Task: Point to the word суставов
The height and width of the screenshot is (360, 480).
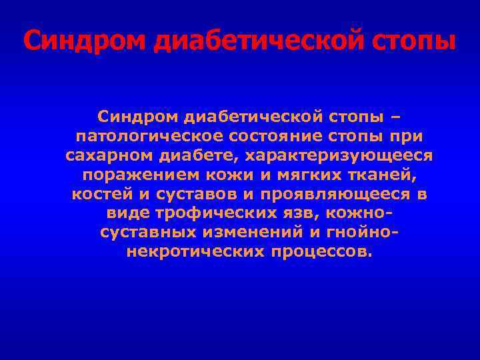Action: click(x=195, y=195)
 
